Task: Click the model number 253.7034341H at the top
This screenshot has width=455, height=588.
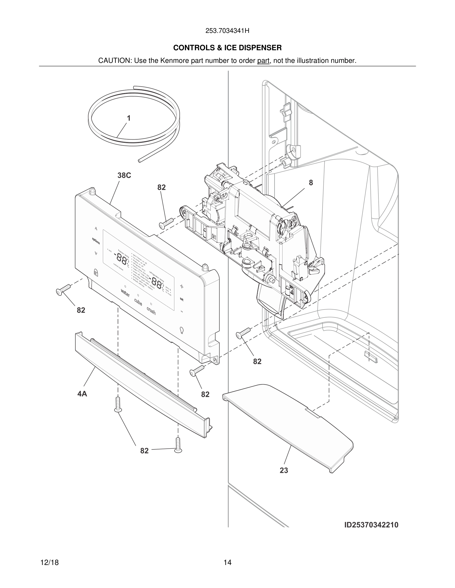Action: click(x=227, y=31)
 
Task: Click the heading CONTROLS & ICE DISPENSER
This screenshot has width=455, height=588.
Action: click(x=227, y=48)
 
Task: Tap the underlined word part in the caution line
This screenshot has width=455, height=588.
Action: click(x=263, y=61)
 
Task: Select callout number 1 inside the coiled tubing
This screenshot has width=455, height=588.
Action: click(x=129, y=118)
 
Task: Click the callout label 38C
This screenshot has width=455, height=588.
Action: click(x=124, y=175)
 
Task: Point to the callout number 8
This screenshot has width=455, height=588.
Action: click(x=311, y=183)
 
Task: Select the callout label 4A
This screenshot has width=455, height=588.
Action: click(x=82, y=394)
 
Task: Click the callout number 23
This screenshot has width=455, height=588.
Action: click(x=284, y=470)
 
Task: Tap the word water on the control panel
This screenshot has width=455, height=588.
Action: click(x=125, y=293)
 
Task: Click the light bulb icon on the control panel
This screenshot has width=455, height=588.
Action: click(x=182, y=330)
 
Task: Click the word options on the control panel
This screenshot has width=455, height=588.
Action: click(x=96, y=241)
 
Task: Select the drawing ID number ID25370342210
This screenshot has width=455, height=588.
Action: click(x=371, y=525)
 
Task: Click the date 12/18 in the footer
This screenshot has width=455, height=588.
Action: click(x=49, y=563)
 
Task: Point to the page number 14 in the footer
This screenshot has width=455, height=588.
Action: click(x=227, y=563)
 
